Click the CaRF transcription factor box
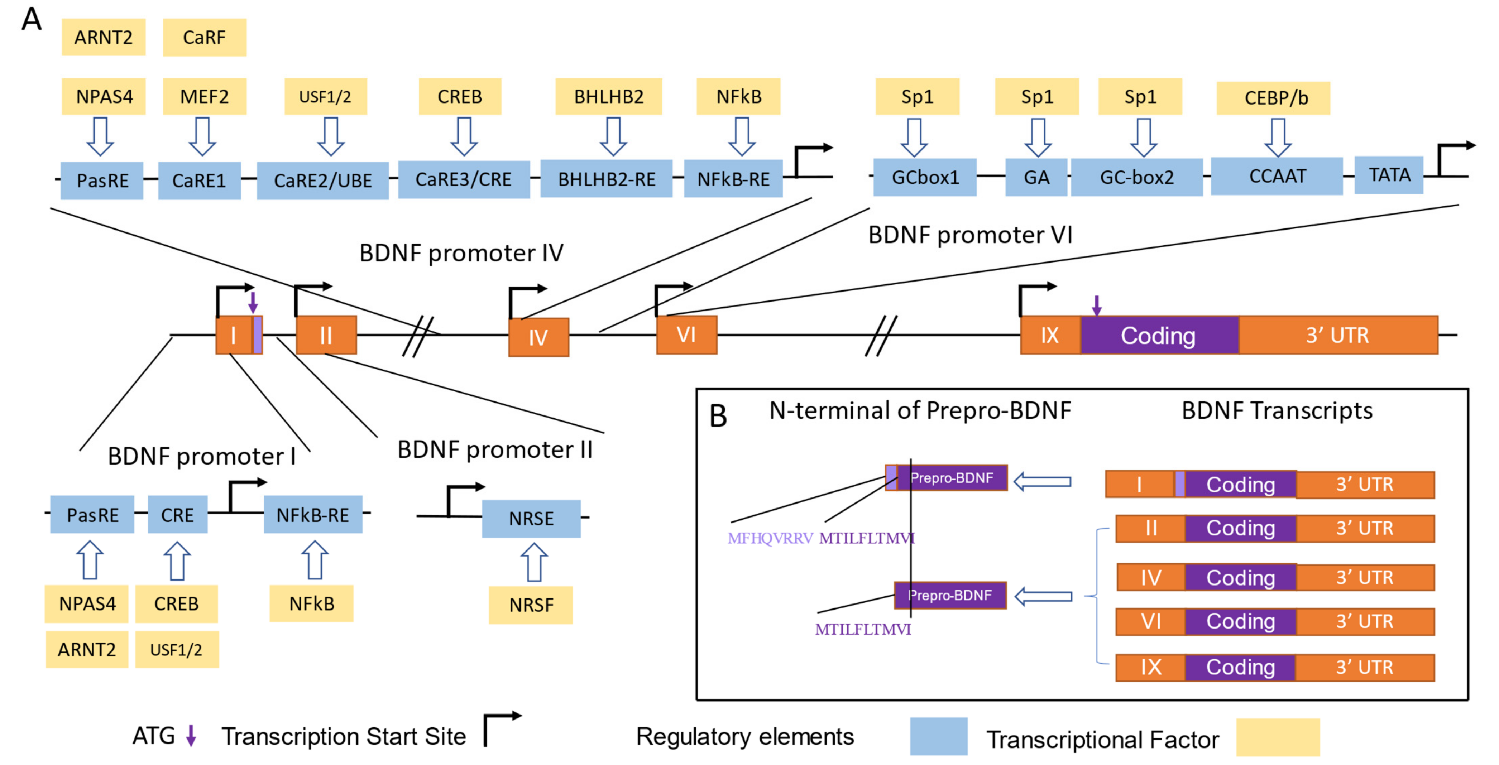204,37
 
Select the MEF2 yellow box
204,97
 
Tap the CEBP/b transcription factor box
1273,98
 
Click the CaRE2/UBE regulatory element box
323,181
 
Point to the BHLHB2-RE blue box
606,179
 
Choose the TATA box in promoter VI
1388,175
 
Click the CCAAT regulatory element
1277,176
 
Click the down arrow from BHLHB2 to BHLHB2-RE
613,137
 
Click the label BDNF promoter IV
461,253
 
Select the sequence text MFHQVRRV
770,538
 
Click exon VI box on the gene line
687,335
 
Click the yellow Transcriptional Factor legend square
1277,737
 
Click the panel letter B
718,416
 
